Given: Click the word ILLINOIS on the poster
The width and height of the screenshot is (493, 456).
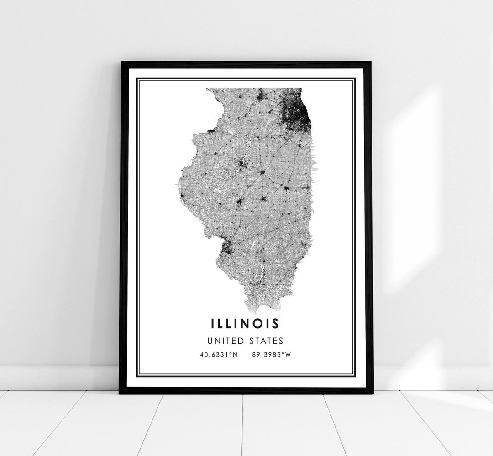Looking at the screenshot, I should [x=245, y=323].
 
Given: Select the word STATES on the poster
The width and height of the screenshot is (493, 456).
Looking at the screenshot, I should [x=265, y=341].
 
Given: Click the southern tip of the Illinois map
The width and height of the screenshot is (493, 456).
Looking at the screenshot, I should [x=258, y=311].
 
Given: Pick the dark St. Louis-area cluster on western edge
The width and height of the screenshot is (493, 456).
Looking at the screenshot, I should [x=226, y=247].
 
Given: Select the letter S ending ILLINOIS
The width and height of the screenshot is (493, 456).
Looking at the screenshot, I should [x=275, y=323].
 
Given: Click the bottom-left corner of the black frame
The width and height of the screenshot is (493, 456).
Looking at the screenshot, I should [x=120, y=393].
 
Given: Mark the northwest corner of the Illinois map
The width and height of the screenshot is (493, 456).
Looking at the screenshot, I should [x=207, y=89].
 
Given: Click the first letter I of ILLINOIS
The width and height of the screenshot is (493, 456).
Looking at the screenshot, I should [x=213, y=323].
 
